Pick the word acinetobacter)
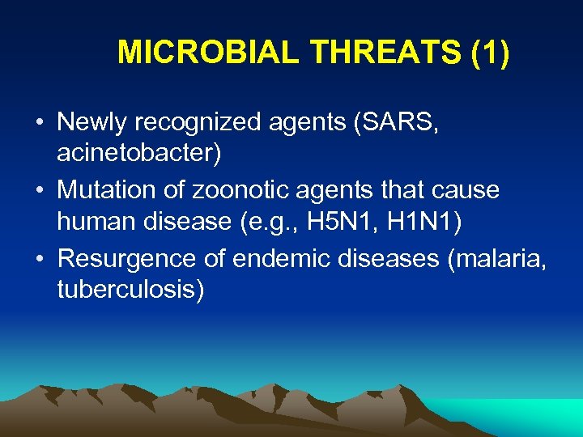click(138, 153)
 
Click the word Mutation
click(110, 190)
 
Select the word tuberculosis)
click(130, 289)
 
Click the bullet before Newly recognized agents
click(40, 124)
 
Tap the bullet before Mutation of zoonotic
click(40, 192)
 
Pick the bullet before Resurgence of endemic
click(40, 260)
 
